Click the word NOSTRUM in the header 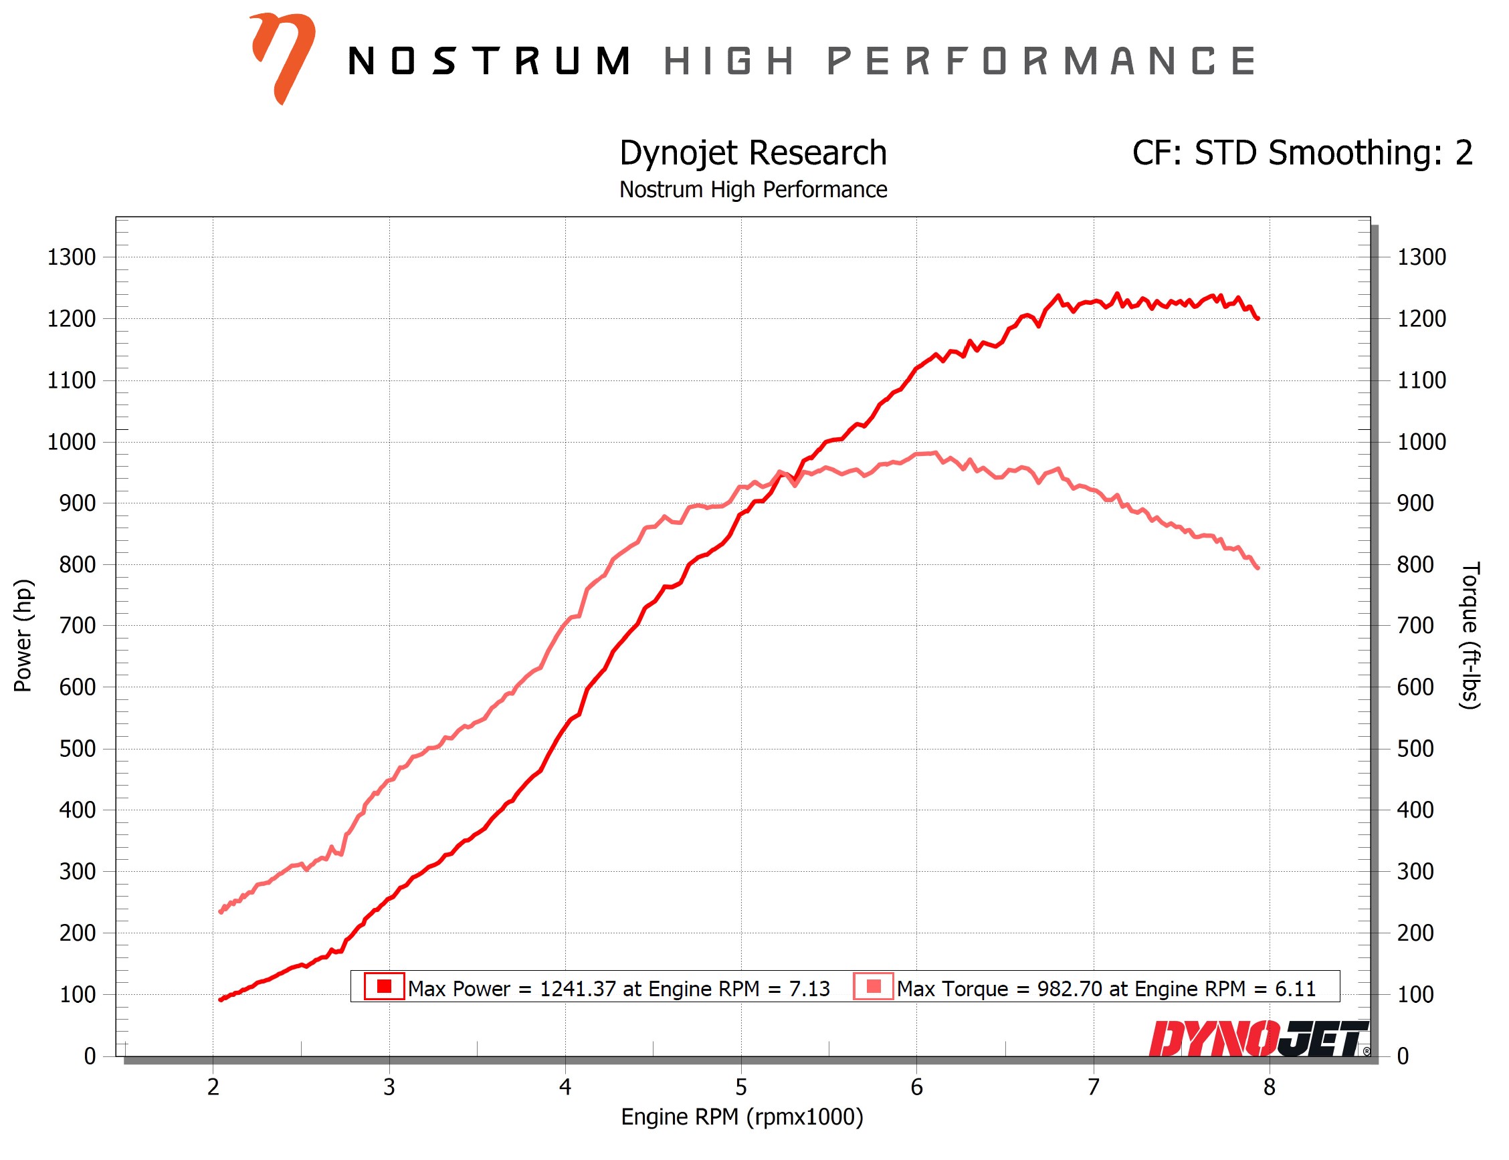point(489,61)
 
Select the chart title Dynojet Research point(752,152)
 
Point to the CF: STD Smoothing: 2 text point(1301,152)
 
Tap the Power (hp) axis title point(23,635)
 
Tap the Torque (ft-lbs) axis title point(1470,635)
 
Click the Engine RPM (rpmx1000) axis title point(742,1117)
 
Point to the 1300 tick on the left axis point(71,257)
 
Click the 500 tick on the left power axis point(77,748)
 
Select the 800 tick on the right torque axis point(1415,564)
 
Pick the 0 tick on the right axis point(1403,1056)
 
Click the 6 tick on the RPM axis point(916,1088)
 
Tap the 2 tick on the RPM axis point(213,1088)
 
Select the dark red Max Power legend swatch point(384,986)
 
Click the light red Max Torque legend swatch point(873,986)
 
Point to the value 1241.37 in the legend point(577,989)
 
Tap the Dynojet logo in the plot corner point(1257,1038)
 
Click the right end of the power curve point(1257,318)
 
